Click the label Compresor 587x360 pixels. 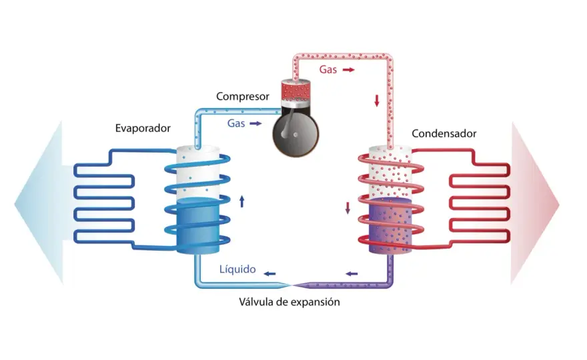click(243, 97)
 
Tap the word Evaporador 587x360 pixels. click(143, 129)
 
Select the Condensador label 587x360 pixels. click(444, 133)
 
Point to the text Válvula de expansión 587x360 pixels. click(289, 302)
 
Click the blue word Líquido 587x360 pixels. click(237, 269)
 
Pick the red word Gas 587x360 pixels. click(328, 69)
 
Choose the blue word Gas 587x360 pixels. click(236, 123)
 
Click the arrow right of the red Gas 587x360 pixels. click(348, 69)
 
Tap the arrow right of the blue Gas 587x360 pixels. click(255, 123)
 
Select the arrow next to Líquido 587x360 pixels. click(269, 274)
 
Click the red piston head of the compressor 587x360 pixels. click(296, 89)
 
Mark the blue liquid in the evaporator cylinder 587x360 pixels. click(197, 225)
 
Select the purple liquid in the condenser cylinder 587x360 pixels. click(390, 225)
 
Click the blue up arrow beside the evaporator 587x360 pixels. click(242, 201)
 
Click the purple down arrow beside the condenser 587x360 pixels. click(348, 208)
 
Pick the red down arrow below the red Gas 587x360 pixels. click(377, 101)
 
